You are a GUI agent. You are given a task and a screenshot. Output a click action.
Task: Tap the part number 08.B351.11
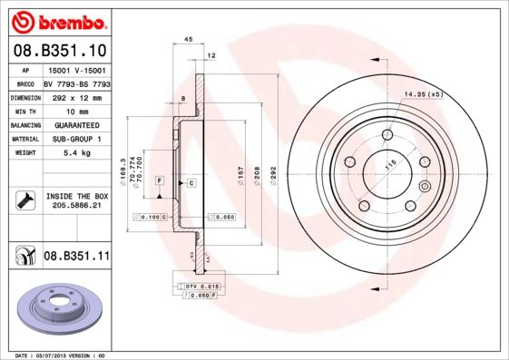(76, 257)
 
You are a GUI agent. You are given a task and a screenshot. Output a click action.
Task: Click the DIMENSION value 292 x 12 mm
(76, 96)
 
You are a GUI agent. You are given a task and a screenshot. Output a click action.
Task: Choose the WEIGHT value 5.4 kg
(76, 153)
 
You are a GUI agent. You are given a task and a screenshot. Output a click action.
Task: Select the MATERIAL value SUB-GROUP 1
(76, 139)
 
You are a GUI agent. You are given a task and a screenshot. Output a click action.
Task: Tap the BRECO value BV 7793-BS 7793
(77, 83)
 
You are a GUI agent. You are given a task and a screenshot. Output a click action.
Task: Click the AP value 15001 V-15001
(76, 69)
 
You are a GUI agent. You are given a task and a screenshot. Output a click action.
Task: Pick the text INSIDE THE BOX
(76, 196)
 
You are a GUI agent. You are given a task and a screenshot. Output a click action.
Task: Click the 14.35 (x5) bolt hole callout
(424, 94)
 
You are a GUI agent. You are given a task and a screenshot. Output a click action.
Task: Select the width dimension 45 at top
(189, 40)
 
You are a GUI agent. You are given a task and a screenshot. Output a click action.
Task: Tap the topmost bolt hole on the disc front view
(387, 135)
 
